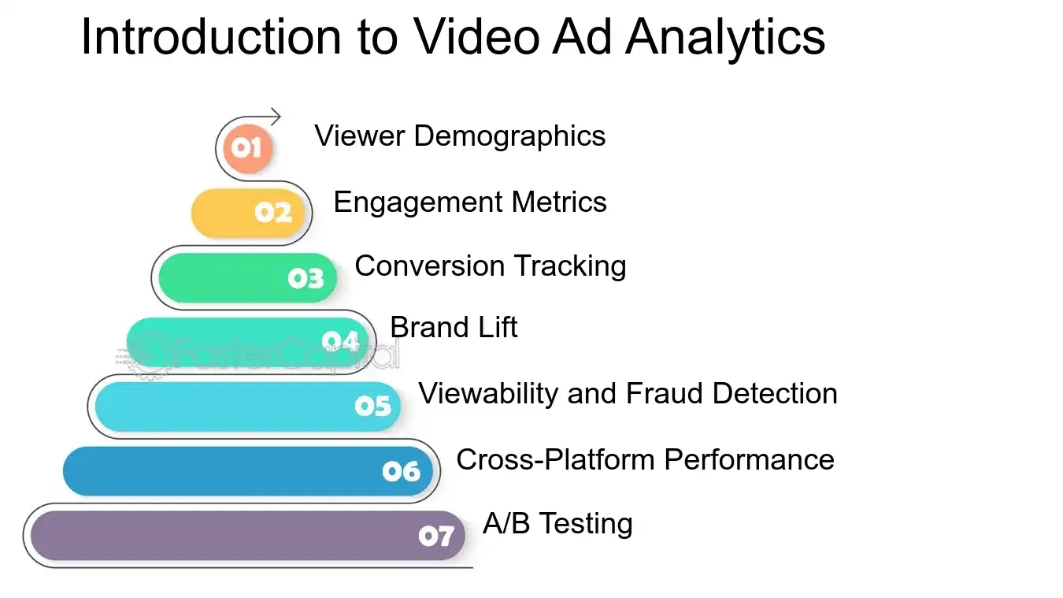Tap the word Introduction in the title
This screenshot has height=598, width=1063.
211,36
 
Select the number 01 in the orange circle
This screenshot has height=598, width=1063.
246,147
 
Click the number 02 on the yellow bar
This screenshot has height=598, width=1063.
273,213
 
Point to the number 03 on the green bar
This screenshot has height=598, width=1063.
306,278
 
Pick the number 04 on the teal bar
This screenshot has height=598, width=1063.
340,341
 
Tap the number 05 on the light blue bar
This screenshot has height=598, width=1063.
372,406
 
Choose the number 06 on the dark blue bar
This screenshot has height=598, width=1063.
402,471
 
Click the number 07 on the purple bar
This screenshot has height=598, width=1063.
436,537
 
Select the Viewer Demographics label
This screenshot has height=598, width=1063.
460,136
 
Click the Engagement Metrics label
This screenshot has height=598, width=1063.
470,202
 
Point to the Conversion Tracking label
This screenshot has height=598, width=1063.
491,266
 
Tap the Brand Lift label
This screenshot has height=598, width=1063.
454,327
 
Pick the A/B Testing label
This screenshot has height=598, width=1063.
557,524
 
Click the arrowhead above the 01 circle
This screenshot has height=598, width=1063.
275,117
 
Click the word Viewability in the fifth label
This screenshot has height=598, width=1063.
489,392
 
